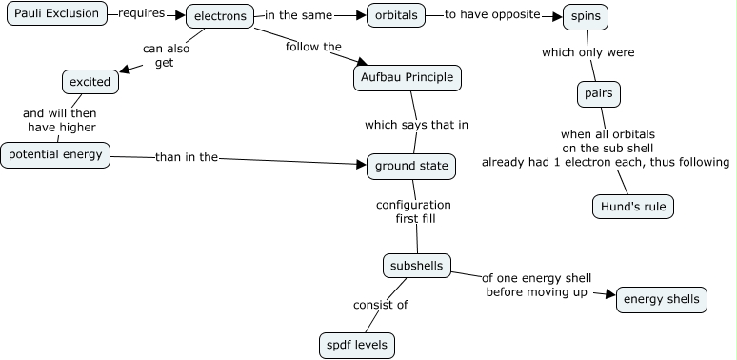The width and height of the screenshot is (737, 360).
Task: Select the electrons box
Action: pos(220,16)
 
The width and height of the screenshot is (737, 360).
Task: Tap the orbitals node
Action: pos(393,16)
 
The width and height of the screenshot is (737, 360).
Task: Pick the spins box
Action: pos(585,17)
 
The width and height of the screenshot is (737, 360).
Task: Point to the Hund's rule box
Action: pos(632,207)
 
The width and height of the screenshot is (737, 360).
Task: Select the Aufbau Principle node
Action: pos(408,77)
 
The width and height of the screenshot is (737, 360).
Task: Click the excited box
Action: pos(90,82)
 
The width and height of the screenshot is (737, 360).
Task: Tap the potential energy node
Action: pos(55,154)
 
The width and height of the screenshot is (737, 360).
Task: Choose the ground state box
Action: pos(411,166)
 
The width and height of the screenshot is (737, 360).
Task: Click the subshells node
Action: pos(416,266)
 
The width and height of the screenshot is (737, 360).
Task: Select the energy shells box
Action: pos(661,299)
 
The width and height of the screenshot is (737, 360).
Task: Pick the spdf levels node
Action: pos(357,345)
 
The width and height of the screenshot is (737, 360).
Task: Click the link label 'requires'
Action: pos(142,14)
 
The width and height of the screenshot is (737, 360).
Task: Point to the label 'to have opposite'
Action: pos(492,15)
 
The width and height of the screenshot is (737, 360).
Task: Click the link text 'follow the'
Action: pos(313,46)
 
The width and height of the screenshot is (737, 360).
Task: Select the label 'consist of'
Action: pos(380,306)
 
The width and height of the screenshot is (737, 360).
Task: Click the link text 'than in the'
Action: pos(187,157)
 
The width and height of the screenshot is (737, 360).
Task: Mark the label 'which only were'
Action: pos(588,52)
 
